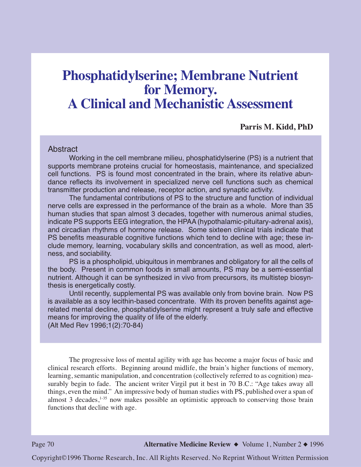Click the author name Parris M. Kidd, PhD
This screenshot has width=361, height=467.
pos(276,127)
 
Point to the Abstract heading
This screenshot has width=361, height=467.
pos(63,149)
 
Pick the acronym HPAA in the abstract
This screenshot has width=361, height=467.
pos(186,222)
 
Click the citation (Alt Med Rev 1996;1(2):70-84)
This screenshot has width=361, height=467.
pos(95,325)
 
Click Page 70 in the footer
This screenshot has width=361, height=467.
pos(43,444)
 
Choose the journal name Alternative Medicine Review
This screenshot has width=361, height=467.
pos(187,444)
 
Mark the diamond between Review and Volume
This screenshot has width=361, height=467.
pos(236,444)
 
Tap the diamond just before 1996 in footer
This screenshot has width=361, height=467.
pos(306,444)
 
